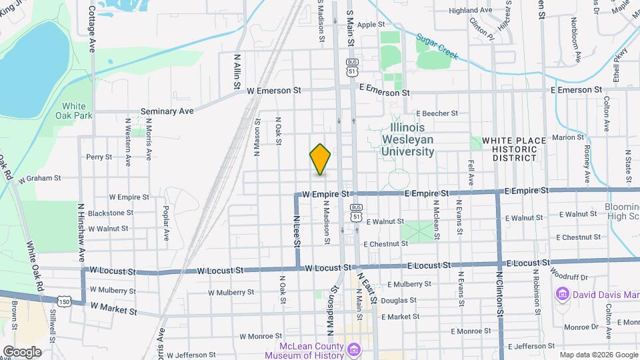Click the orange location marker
[321, 160]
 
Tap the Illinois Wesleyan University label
[408, 139]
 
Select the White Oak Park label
[74, 111]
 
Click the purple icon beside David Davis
[561, 294]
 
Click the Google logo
[22, 351]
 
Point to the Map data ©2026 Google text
[599, 354]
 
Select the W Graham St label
[39, 179]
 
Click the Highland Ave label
[470, 11]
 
